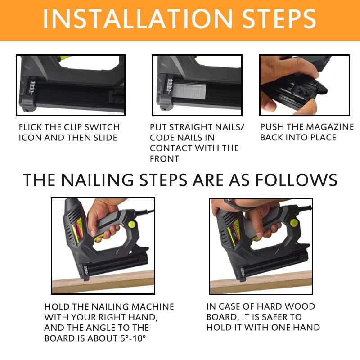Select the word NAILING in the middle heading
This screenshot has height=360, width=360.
tap(93, 180)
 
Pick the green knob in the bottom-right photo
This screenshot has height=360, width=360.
tap(293, 222)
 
